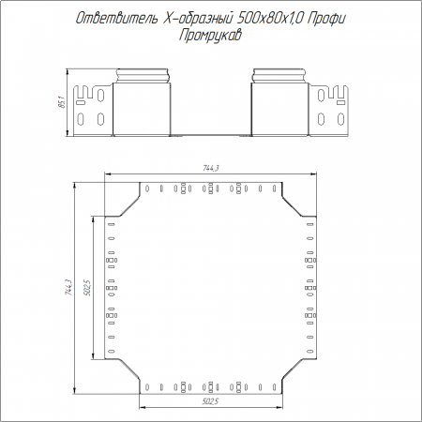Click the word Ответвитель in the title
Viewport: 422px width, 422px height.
117,19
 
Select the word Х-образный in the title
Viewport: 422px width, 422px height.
198,19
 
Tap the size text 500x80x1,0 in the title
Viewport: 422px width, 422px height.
270,19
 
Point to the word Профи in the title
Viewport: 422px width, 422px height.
326,19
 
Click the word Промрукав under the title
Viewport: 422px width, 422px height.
210,36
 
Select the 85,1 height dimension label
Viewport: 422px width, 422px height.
62,102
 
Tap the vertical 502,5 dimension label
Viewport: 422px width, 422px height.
88,288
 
